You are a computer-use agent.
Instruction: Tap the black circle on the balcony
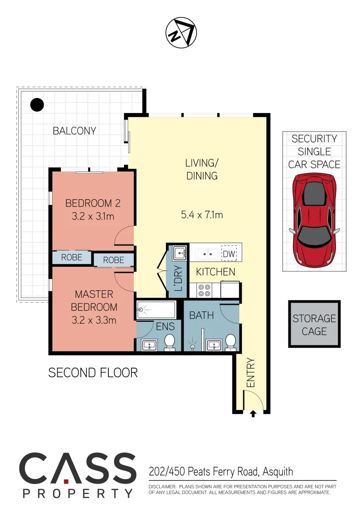click(37, 105)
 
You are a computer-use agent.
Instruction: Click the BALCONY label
click(74, 131)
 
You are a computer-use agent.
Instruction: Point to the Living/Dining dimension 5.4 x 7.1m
click(202, 215)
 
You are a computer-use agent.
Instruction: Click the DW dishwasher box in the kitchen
click(229, 254)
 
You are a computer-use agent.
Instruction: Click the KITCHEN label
click(215, 272)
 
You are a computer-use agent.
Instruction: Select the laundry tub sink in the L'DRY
click(180, 254)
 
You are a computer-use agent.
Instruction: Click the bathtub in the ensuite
click(156, 310)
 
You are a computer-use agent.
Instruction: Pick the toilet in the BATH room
click(230, 342)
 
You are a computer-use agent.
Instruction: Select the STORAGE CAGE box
click(314, 324)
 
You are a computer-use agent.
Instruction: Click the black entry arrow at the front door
click(253, 414)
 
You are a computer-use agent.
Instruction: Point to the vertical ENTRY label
click(250, 373)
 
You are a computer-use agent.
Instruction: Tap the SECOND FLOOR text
click(93, 373)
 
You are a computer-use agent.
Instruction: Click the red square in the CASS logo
click(66, 481)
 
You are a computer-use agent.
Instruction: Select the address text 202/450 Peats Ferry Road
click(221, 471)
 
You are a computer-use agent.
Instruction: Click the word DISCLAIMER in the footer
click(162, 486)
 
